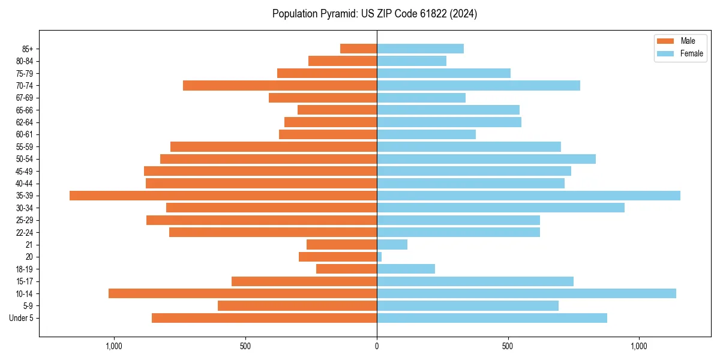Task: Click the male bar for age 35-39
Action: click(223, 196)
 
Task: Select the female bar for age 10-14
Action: click(526, 293)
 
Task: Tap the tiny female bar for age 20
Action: click(379, 257)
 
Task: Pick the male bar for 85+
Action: click(358, 49)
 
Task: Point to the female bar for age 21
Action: click(392, 245)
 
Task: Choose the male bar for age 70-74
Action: click(280, 85)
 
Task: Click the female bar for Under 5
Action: click(492, 318)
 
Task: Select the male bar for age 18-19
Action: click(346, 269)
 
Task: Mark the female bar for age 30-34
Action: click(500, 208)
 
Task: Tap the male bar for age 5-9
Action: click(297, 305)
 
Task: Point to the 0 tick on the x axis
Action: click(377, 346)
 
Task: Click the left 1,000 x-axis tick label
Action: click(114, 346)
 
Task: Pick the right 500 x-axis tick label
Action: click(508, 346)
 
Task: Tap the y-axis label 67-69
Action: click(25, 98)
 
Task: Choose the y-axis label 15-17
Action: click(25, 281)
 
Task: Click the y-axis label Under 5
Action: click(22, 318)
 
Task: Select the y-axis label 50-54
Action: click(25, 159)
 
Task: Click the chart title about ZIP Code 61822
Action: click(374, 14)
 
